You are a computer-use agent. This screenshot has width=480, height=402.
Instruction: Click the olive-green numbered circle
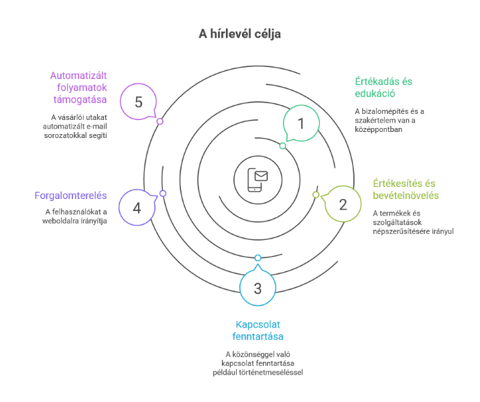pyautogui.click(x=343, y=204)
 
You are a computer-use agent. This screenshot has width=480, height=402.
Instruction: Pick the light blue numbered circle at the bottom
pyautogui.click(x=258, y=289)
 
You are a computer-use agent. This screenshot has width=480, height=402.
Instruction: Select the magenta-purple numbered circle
pyautogui.click(x=138, y=102)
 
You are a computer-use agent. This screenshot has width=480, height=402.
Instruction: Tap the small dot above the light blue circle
pyautogui.click(x=258, y=257)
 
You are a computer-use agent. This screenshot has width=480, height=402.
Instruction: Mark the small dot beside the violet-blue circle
pyautogui.click(x=162, y=194)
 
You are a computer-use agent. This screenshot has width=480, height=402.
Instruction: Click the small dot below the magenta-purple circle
pyautogui.click(x=160, y=122)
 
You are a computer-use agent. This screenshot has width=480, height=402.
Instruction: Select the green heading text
pyautogui.click(x=383, y=88)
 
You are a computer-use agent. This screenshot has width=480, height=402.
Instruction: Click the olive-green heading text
pyautogui.click(x=405, y=190)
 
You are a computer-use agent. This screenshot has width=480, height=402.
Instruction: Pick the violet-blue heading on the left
pyautogui.click(x=71, y=196)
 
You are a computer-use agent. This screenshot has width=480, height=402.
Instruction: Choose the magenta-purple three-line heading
pyautogui.click(x=78, y=87)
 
